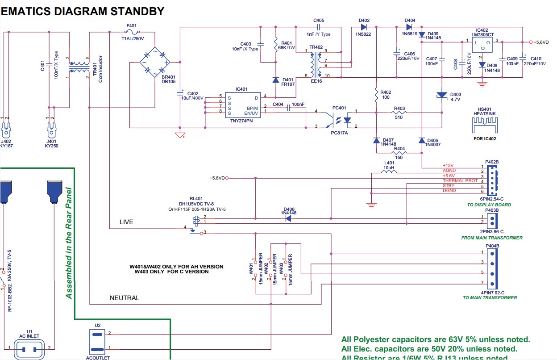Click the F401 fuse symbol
coord(132,32)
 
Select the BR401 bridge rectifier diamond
coord(154,61)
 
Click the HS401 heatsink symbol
coord(485,126)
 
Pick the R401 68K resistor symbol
coord(276,45)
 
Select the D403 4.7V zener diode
coord(442,95)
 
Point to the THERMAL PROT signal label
coord(460,181)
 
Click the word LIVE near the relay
coord(126,222)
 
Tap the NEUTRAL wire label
coord(125,298)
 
